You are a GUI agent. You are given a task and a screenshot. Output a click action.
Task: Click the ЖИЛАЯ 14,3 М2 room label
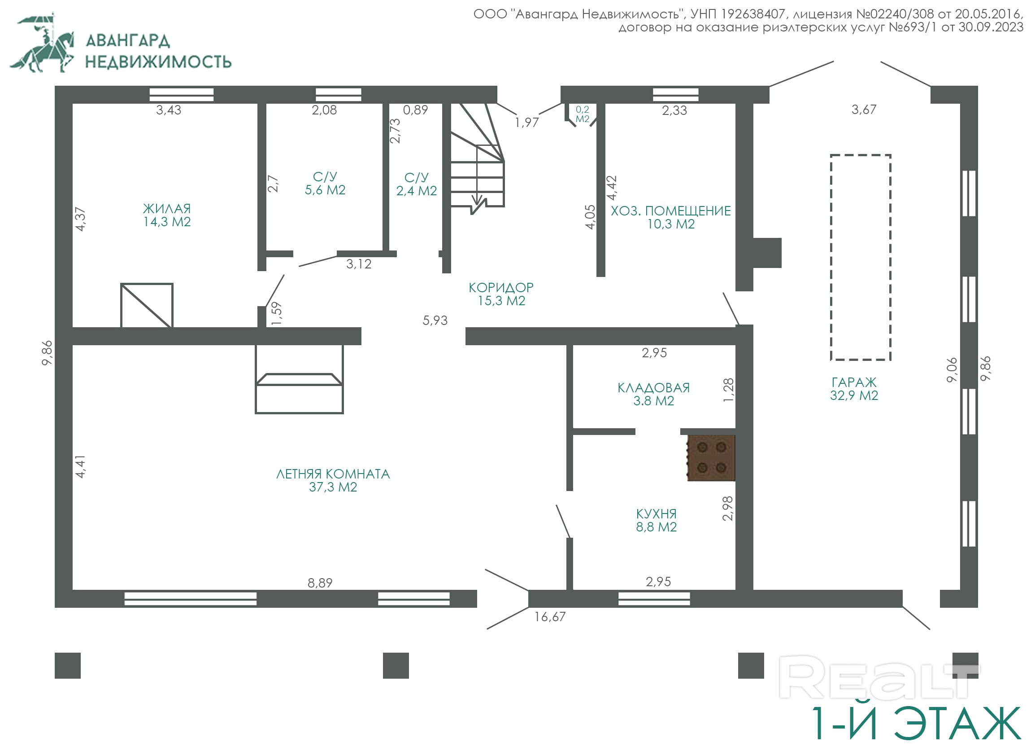tap(167, 215)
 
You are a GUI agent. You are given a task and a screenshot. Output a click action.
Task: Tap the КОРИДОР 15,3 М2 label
tap(501, 294)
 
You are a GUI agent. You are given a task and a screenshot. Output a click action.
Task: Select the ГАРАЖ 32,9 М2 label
tap(854, 389)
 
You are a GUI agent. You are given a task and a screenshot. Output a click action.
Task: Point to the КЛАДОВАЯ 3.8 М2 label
tap(653, 395)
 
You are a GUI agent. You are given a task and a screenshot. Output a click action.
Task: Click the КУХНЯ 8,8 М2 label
tap(656, 521)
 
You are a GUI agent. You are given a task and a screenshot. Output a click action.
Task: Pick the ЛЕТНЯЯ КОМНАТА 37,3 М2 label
tap(333, 480)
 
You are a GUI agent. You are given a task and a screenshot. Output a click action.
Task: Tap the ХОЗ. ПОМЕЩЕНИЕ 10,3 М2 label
tap(671, 217)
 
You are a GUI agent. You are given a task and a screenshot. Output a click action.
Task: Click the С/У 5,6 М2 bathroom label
tap(325, 183)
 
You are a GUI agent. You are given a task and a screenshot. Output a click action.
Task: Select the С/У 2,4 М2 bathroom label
tap(416, 184)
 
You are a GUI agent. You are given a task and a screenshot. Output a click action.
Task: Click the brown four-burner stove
tap(711, 457)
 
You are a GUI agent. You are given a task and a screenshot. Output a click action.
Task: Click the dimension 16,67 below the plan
tap(550, 617)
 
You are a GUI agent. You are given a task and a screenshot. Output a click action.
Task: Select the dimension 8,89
tap(320, 583)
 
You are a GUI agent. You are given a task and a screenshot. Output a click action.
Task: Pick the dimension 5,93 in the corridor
tap(435, 320)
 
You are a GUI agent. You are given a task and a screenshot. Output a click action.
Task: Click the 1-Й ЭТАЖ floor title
tap(916, 724)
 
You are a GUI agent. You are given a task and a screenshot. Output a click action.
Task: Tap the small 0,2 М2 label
tap(582, 114)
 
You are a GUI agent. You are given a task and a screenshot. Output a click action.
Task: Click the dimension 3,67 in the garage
tap(864, 110)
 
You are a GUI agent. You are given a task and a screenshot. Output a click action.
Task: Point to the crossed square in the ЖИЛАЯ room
tap(147, 305)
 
